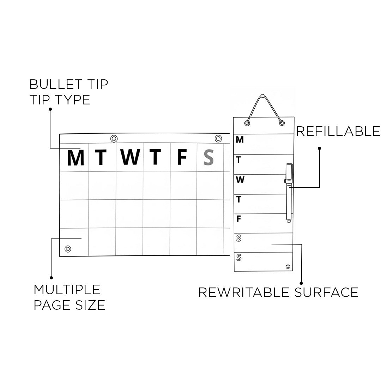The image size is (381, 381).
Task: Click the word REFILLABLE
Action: click(338, 131)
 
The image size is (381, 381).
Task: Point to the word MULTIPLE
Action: click(67, 290)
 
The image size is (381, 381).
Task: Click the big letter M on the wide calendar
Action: click(75, 158)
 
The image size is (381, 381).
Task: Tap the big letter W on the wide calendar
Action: click(130, 157)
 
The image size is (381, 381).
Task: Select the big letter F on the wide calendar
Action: click(182, 157)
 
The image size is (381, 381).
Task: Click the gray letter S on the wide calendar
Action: click(209, 157)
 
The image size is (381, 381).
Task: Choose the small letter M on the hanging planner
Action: click(240, 140)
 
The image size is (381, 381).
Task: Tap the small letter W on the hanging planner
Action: click(240, 180)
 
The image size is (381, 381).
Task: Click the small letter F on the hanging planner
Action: click(239, 219)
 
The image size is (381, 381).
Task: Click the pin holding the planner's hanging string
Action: click(262, 96)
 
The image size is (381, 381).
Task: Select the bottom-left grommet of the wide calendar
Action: click(68, 249)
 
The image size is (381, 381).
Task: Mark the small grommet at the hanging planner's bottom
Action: click(288, 267)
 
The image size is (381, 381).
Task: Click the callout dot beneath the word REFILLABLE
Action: click(320, 148)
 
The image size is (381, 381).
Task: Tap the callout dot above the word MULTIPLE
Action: click(52, 278)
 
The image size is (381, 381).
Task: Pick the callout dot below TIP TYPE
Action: click(50, 109)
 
